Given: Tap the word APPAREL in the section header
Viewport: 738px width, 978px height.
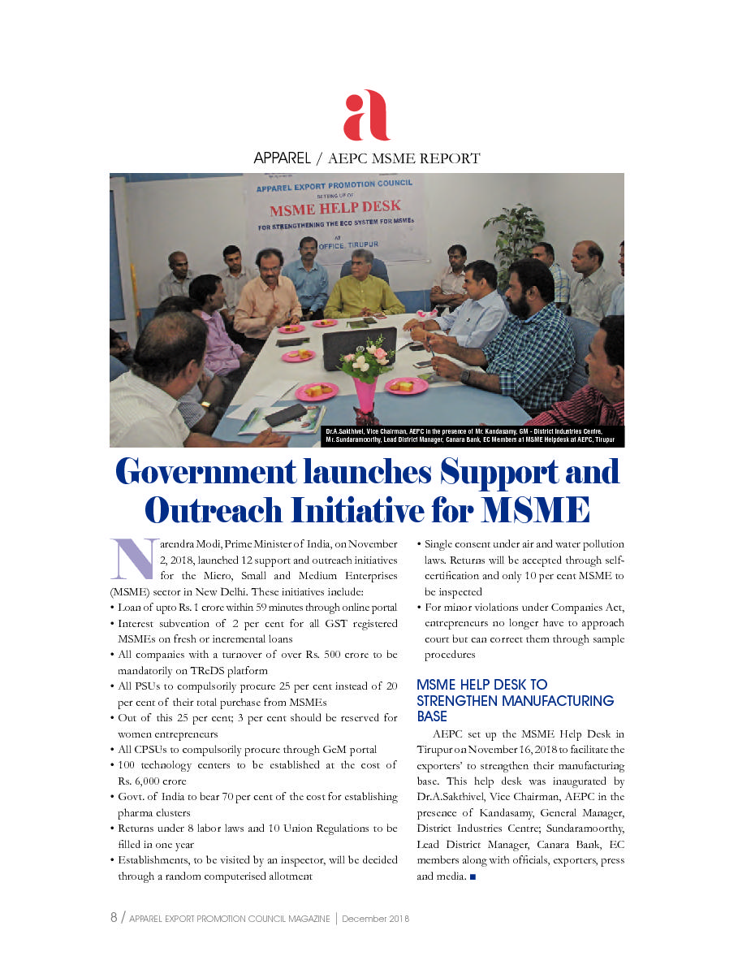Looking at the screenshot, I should (282, 158).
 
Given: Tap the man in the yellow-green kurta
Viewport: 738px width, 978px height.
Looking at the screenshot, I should (363, 288).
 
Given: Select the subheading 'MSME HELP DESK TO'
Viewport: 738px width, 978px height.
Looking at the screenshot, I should (481, 685).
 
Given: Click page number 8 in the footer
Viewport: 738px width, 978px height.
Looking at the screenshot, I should (114, 918).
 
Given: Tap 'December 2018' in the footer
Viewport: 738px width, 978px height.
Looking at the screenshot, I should (375, 919).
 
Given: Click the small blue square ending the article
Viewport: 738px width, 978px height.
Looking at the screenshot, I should (473, 876).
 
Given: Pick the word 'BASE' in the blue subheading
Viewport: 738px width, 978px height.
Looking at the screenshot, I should (432, 716).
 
